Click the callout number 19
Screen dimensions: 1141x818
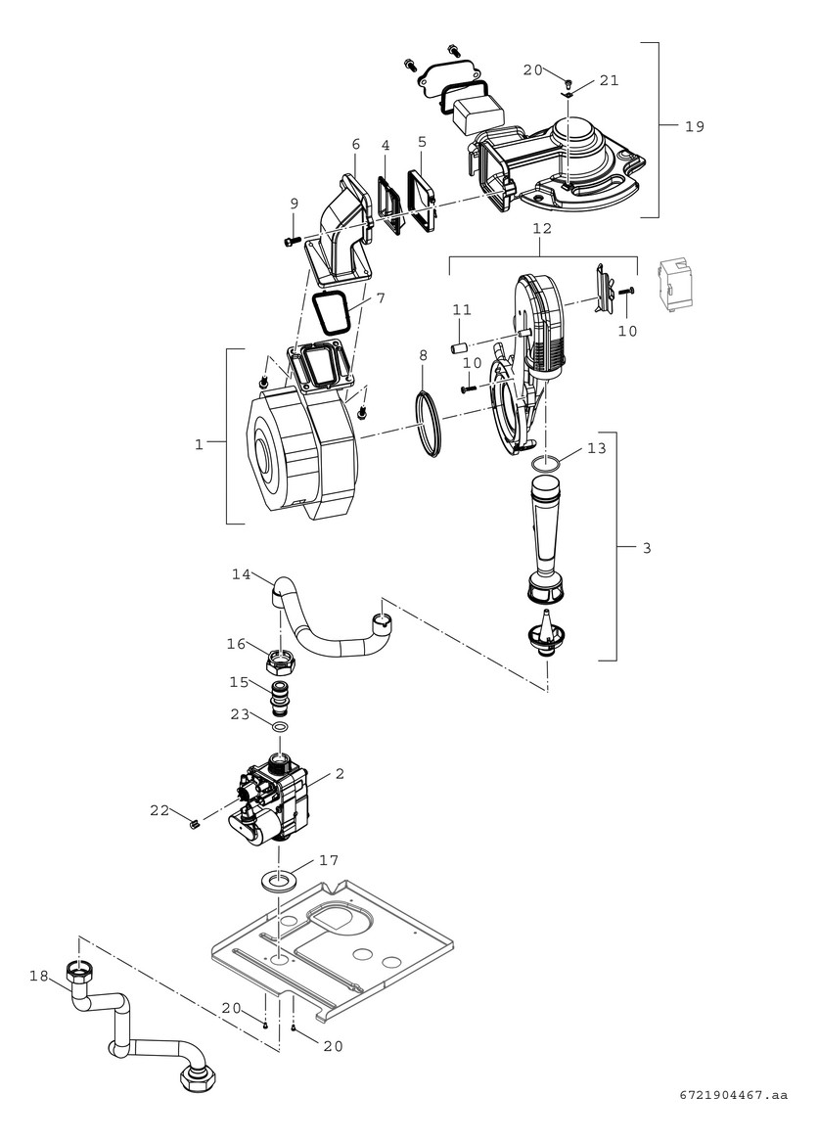pos(694,126)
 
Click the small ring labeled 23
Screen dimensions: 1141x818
pos(280,728)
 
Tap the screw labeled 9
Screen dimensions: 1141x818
pos(290,239)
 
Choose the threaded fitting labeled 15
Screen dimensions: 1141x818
pos(281,699)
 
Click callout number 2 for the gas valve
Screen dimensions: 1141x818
pos(339,773)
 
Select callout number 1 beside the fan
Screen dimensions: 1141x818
pos(199,443)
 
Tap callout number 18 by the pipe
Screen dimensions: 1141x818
pos(38,975)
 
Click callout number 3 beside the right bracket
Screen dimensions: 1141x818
pos(646,548)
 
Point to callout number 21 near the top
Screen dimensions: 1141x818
pos(609,80)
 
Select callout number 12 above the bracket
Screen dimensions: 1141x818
pos(541,228)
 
